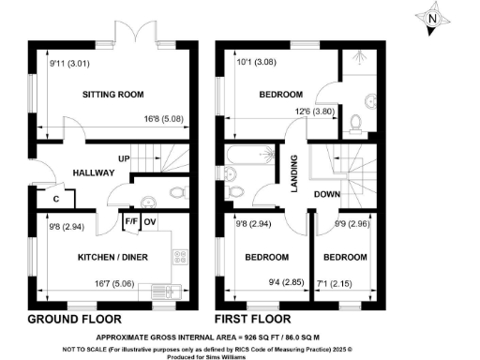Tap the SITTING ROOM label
point(112,95)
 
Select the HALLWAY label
point(92,172)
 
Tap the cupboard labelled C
point(57,200)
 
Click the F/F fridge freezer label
point(130,221)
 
